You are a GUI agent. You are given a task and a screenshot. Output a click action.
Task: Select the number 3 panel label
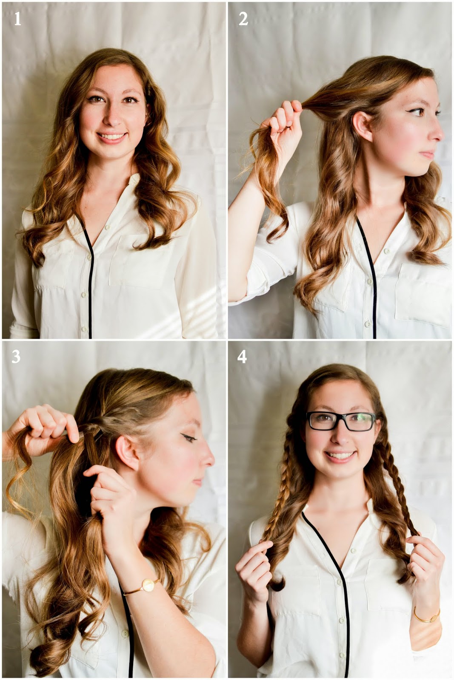point(16,357)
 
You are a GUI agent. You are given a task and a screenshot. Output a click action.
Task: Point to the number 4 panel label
point(242,357)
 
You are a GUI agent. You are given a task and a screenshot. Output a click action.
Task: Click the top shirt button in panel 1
point(106,227)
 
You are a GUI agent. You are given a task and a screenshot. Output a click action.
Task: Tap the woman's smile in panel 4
point(340,455)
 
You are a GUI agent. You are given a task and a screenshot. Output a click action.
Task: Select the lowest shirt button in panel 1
point(84,329)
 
